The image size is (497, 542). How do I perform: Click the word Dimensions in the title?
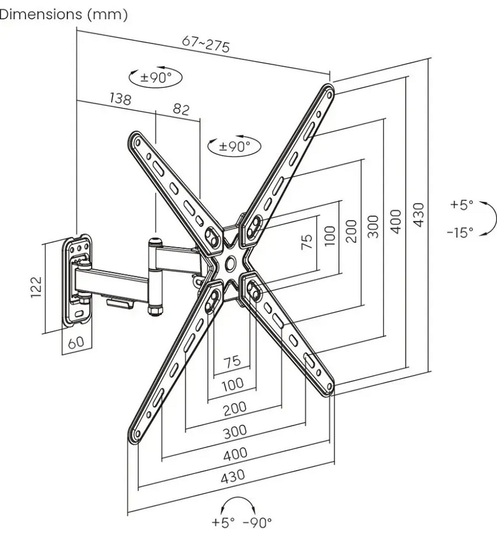41,14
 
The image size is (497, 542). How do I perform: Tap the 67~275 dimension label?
206,44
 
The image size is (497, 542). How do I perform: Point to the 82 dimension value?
181,109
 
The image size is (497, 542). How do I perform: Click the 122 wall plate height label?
36,287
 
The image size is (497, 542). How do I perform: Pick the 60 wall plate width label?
76,342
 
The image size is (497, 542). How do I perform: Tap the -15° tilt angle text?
460,232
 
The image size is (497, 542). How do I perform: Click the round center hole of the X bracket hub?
230,263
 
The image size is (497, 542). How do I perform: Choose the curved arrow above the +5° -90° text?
239,504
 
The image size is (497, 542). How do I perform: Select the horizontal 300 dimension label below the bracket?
235,431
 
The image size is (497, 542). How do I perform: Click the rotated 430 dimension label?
419,215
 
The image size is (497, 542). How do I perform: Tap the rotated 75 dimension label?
307,241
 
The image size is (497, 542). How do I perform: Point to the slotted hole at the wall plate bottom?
79,314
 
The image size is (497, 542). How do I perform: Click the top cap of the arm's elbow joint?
155,240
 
